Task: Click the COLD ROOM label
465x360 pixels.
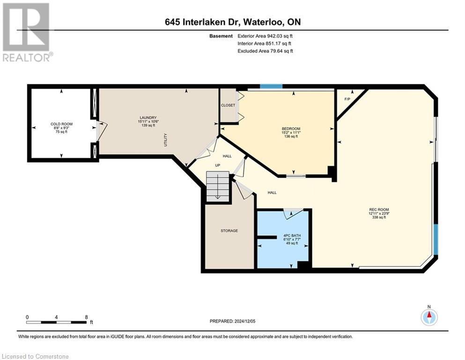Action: (x=61, y=124)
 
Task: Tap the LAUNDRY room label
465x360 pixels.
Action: (x=148, y=118)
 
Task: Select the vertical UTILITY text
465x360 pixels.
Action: (x=166, y=140)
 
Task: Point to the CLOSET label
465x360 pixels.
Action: (x=228, y=105)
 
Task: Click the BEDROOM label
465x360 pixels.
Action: (x=291, y=129)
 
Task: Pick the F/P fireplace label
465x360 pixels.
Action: (x=347, y=99)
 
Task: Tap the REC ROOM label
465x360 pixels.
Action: (x=379, y=210)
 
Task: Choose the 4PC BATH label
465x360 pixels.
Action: (x=292, y=235)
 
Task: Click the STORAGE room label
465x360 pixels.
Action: (x=229, y=231)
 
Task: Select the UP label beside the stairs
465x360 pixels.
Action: (x=218, y=165)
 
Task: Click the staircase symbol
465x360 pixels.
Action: (x=218, y=186)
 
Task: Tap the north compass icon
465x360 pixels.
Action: (x=429, y=316)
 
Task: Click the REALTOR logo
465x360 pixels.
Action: (x=27, y=32)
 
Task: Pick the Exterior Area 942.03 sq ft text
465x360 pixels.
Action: (x=265, y=36)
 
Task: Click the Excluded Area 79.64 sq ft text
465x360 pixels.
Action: (x=266, y=51)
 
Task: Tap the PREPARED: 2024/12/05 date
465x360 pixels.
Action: (x=232, y=321)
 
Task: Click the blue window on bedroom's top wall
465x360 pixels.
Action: (x=271, y=87)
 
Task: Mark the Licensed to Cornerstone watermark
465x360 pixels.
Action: (x=36, y=356)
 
